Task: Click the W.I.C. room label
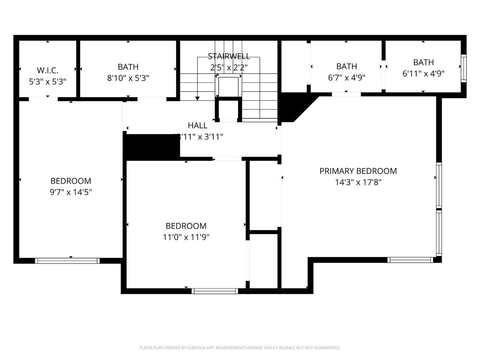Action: [x=47, y=70]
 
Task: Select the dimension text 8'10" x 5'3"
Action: [x=128, y=78]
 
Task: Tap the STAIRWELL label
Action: [x=229, y=56]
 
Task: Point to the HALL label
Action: [x=198, y=125]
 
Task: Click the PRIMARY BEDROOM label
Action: [x=358, y=171]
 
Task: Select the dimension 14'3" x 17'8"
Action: [x=358, y=182]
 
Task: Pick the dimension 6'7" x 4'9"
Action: [x=347, y=78]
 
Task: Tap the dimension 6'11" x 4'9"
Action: [x=423, y=74]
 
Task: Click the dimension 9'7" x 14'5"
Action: [x=71, y=192]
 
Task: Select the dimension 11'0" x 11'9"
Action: [x=186, y=237]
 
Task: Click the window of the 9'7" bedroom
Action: [x=67, y=261]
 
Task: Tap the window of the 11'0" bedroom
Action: [x=215, y=291]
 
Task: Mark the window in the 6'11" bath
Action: [x=463, y=68]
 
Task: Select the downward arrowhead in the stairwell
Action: [x=197, y=98]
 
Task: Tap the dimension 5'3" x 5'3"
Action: [x=47, y=82]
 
